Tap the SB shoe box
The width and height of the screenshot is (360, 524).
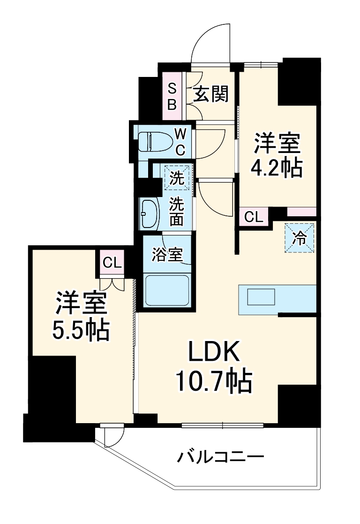click(172, 96)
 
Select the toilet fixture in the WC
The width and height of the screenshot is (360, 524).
click(153, 141)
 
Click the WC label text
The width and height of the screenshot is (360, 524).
click(181, 142)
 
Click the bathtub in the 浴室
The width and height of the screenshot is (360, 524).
click(167, 290)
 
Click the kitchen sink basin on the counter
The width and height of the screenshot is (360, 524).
click(261, 297)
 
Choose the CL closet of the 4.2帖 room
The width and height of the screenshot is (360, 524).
click(254, 217)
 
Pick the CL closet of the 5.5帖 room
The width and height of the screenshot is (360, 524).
click(112, 263)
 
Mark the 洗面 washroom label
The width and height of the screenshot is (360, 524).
click(176, 212)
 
